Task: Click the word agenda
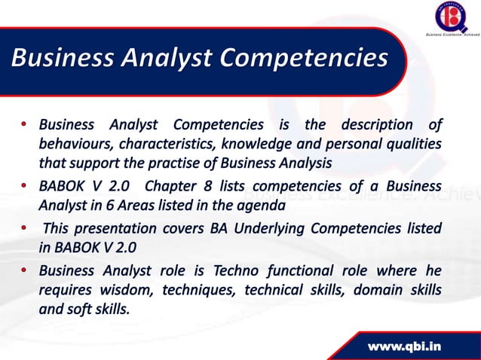pyautogui.click(x=262, y=206)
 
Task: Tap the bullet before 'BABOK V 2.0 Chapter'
pyautogui.click(x=26, y=186)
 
